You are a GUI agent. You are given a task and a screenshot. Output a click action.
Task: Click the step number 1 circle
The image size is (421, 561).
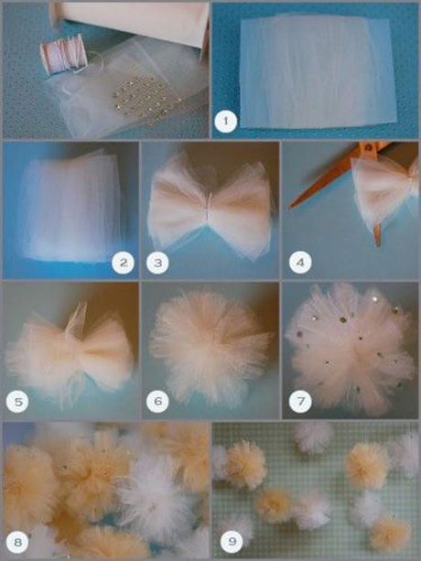(x=222, y=119)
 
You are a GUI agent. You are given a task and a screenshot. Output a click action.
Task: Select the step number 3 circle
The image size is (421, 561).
(x=158, y=264)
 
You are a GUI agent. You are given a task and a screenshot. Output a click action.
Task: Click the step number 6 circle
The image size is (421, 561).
(x=158, y=400)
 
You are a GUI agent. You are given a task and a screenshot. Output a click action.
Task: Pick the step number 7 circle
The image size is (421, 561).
(x=299, y=400)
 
